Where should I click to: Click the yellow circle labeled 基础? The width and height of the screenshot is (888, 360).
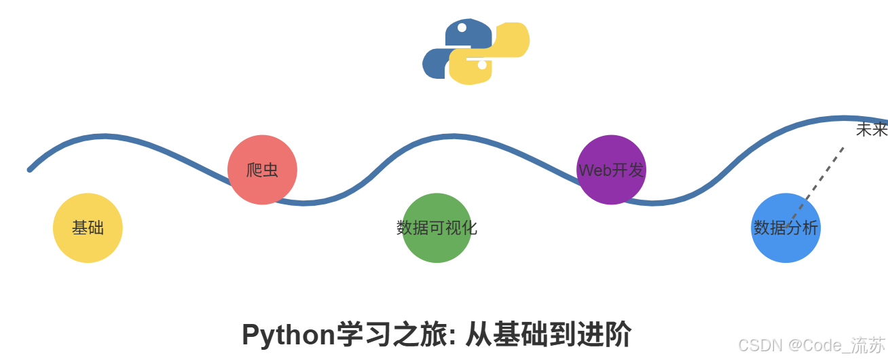click(x=88, y=228)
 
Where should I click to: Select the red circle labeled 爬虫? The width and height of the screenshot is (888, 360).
click(x=262, y=170)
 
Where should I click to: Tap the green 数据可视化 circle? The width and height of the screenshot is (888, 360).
click(x=437, y=228)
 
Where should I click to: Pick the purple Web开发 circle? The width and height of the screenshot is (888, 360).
click(x=611, y=170)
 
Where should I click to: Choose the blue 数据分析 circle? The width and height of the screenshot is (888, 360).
click(x=785, y=228)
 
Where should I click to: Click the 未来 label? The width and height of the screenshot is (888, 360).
click(x=871, y=130)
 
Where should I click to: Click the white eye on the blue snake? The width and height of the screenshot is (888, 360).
click(x=462, y=28)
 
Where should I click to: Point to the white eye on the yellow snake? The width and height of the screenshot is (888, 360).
click(x=482, y=65)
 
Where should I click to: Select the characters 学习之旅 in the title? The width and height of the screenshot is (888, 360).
click(x=393, y=335)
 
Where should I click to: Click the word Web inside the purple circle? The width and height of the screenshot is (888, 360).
click(x=595, y=170)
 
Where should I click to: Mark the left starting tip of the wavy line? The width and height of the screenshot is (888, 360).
click(x=30, y=169)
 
